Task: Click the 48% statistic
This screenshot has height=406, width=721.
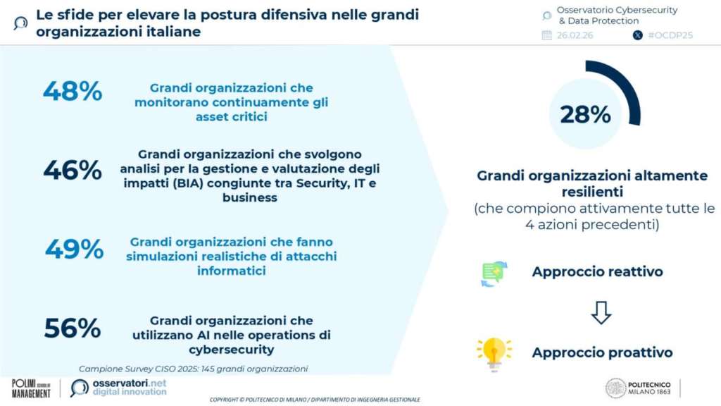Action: (x=73, y=91)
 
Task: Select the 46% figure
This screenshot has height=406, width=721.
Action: (x=73, y=170)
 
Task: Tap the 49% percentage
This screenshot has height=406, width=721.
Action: (x=74, y=249)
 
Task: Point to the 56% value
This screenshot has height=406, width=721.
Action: (x=73, y=328)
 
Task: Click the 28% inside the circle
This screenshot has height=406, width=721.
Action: (x=585, y=115)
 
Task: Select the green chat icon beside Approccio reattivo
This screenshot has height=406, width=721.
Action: (x=494, y=273)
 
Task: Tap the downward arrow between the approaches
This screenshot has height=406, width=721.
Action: (x=601, y=312)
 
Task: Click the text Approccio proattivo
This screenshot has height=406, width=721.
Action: (x=603, y=352)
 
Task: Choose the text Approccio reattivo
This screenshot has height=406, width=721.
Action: (x=597, y=271)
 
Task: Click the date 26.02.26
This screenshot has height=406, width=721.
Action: (x=575, y=35)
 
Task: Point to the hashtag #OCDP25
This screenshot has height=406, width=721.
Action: (x=670, y=35)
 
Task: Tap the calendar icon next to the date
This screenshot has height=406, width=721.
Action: (x=546, y=35)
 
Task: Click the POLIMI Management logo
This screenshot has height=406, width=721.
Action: (x=31, y=388)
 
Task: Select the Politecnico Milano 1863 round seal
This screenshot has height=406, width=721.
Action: (x=615, y=388)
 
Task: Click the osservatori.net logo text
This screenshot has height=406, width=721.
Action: (x=130, y=387)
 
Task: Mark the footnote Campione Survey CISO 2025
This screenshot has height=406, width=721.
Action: (x=193, y=369)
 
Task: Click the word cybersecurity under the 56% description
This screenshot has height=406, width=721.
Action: (x=231, y=350)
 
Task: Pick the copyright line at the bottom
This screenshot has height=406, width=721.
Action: (x=315, y=400)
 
